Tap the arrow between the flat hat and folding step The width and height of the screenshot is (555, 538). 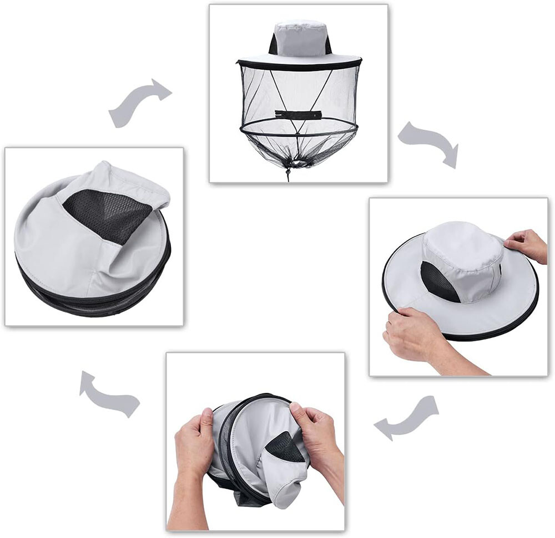(408, 418)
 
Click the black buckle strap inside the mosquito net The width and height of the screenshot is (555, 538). (298, 115)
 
